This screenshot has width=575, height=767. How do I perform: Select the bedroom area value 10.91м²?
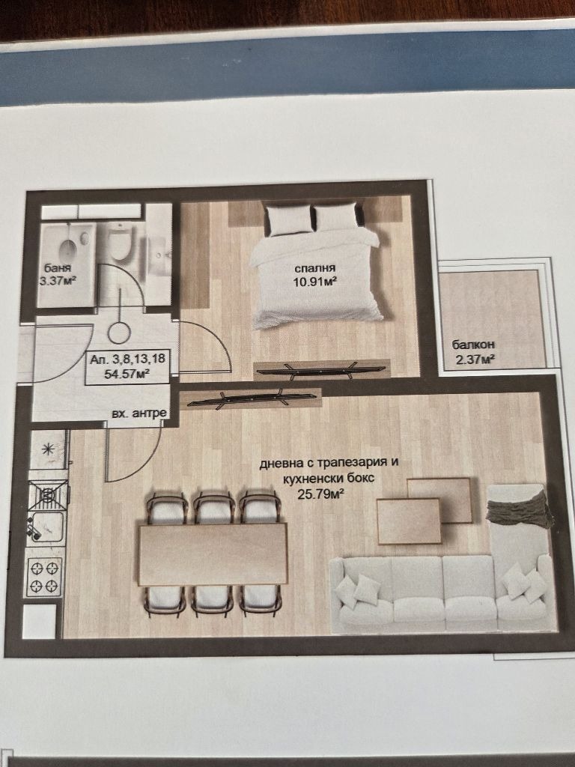point(317,282)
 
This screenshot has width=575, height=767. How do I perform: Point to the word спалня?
point(314,267)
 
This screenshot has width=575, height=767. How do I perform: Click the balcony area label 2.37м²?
point(474,360)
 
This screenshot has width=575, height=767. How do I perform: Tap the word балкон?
point(473,345)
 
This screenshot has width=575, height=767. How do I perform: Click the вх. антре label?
point(139,413)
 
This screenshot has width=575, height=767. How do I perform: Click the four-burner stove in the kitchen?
point(45,577)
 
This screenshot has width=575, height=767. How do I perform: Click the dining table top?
point(212,554)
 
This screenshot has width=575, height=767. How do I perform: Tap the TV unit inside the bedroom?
point(321,370)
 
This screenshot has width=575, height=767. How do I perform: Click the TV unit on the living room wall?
point(251,398)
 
